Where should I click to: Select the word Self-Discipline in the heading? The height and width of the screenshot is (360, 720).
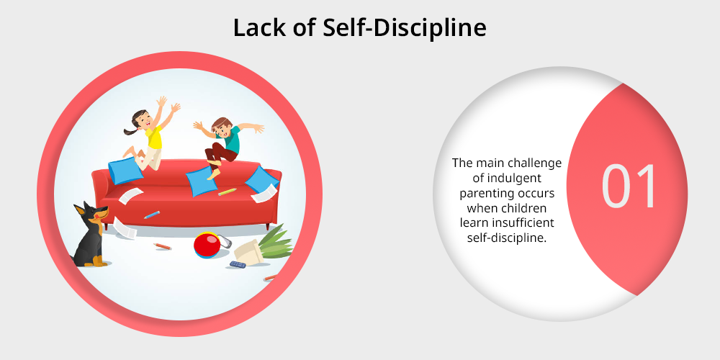pyautogui.click(x=404, y=28)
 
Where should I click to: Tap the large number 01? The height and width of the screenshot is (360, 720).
pyautogui.click(x=629, y=186)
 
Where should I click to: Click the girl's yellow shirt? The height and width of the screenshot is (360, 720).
pyautogui.click(x=153, y=137)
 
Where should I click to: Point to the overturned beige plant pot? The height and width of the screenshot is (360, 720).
pyautogui.click(x=248, y=252)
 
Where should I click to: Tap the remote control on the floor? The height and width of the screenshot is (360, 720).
pyautogui.click(x=238, y=264)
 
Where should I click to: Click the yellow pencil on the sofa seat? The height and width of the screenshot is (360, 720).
pyautogui.click(x=228, y=192)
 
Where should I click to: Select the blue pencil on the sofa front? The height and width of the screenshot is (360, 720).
pyautogui.click(x=151, y=215)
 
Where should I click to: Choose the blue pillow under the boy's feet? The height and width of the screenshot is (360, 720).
pyautogui.click(x=201, y=181)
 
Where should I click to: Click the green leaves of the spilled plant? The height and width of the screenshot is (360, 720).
pyautogui.click(x=276, y=242)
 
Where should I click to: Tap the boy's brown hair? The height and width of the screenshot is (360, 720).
pyautogui.click(x=222, y=122)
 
